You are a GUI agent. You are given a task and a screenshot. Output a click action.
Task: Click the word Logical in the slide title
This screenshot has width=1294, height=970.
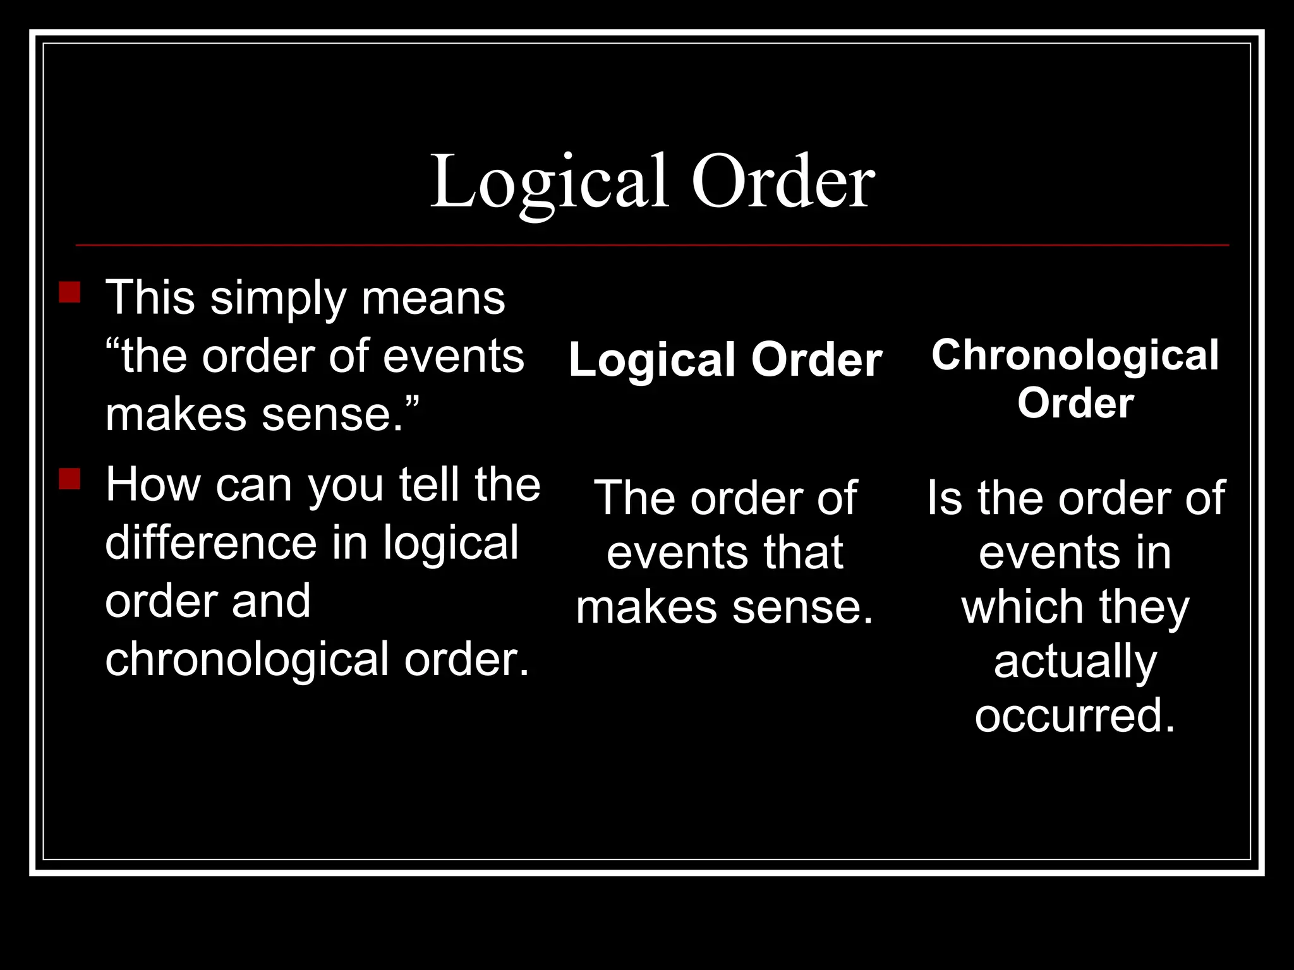click(x=548, y=183)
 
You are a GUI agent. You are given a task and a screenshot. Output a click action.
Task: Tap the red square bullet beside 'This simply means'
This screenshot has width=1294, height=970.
click(x=70, y=293)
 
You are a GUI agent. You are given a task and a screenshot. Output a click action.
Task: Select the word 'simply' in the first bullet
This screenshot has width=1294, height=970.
click(x=278, y=299)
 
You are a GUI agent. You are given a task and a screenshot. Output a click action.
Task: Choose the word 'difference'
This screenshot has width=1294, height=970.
click(x=211, y=543)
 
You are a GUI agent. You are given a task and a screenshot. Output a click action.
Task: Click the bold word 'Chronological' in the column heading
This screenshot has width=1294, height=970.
click(x=1075, y=356)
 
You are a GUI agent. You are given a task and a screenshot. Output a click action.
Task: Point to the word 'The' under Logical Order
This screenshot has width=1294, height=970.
click(x=634, y=498)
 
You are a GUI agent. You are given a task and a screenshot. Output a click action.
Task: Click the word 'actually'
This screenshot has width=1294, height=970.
click(x=1075, y=662)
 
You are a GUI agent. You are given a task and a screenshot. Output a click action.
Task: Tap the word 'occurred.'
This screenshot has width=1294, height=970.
click(x=1075, y=716)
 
